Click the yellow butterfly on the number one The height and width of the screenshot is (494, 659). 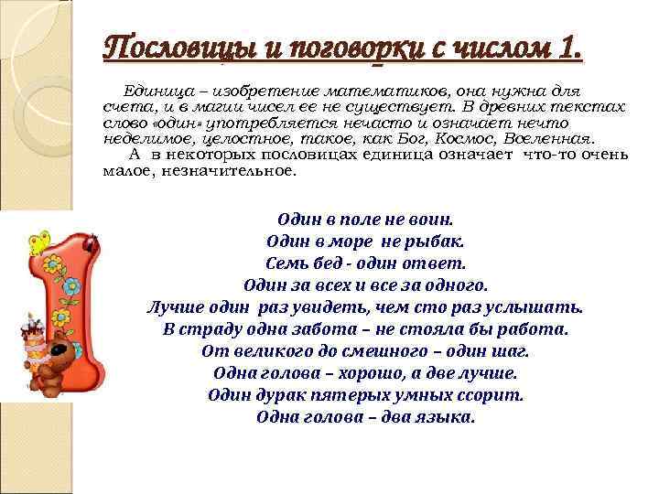[x=38, y=242]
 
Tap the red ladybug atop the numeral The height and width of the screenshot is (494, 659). [x=91, y=241]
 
